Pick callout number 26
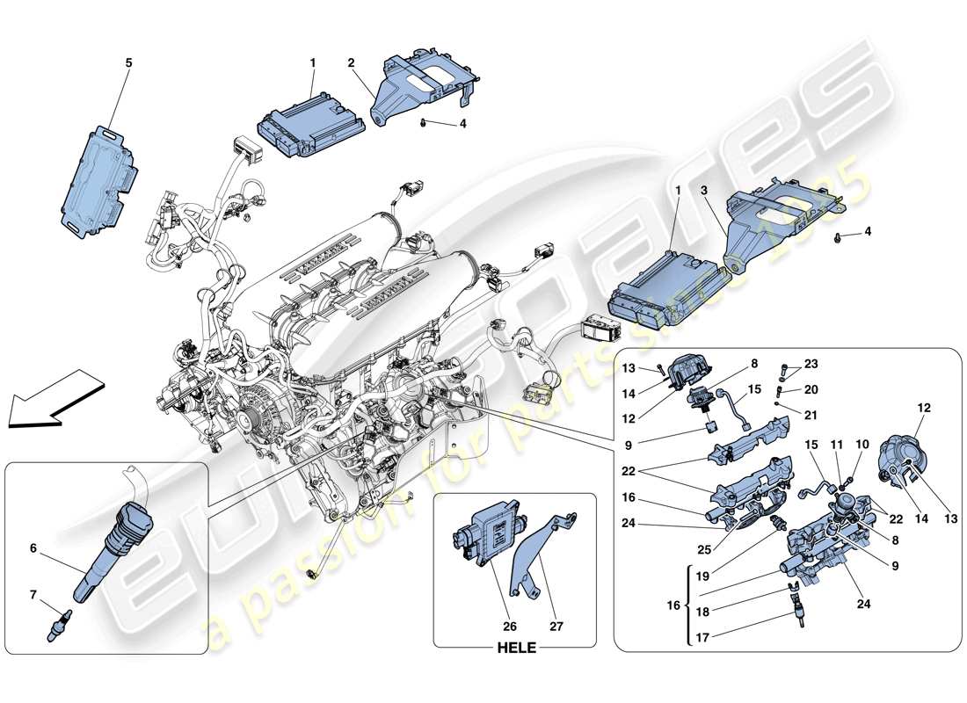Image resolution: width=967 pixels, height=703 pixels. pos(510,628)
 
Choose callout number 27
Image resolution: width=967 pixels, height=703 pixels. pos(556,628)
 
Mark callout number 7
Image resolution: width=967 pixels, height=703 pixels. pos(34,594)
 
